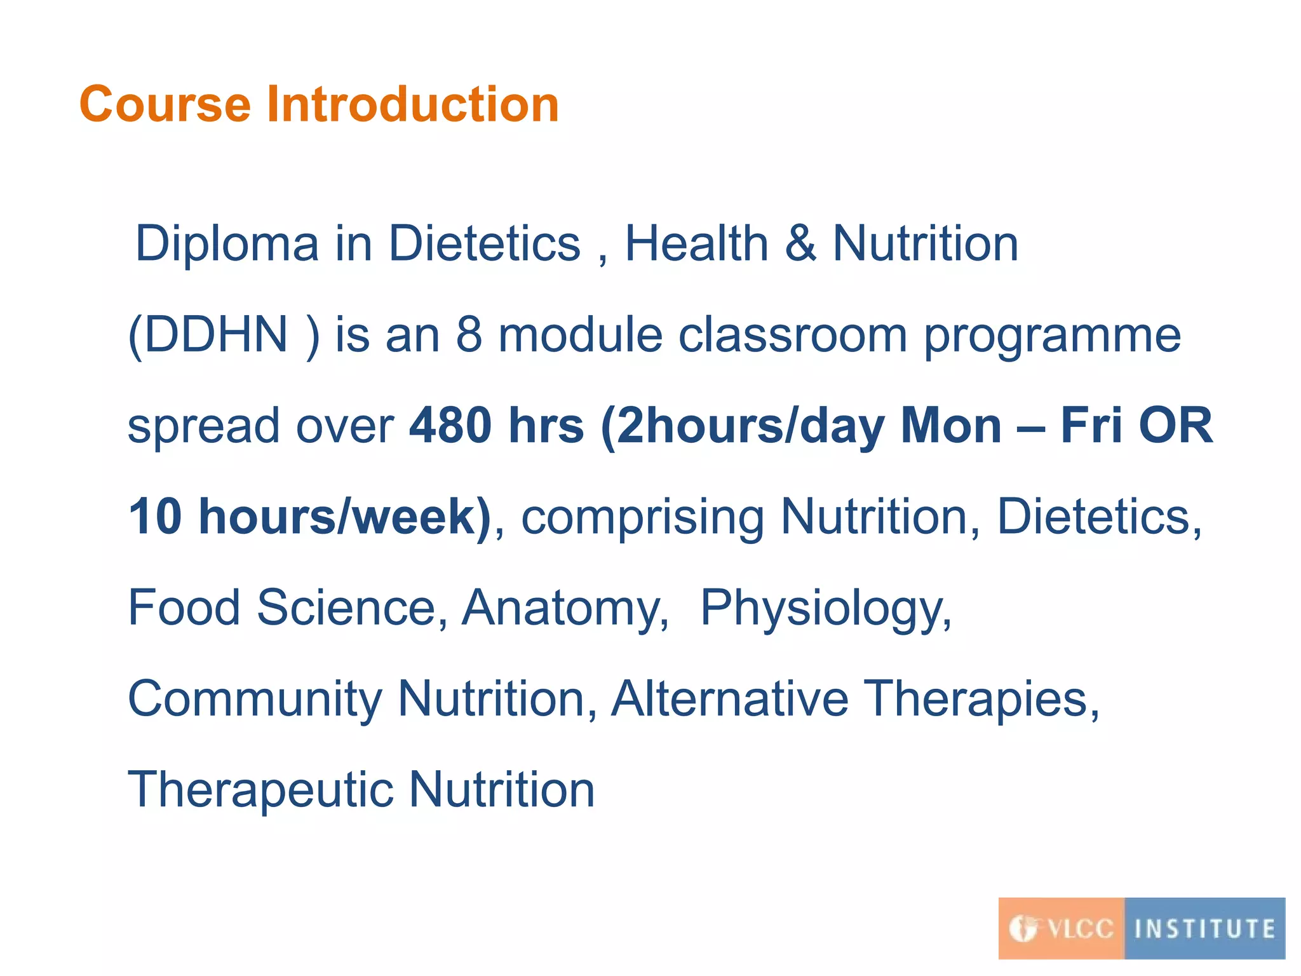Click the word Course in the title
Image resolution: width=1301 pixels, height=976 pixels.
(x=165, y=105)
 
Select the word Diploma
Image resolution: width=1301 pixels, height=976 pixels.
(x=227, y=244)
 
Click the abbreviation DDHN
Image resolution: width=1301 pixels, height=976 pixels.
(x=216, y=335)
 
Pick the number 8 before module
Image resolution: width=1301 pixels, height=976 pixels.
(x=469, y=335)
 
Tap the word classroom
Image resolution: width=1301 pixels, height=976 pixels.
(x=793, y=335)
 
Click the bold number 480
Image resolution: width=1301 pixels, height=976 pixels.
(x=450, y=426)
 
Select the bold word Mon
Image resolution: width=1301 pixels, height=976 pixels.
(x=951, y=426)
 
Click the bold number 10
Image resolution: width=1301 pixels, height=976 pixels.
(x=156, y=517)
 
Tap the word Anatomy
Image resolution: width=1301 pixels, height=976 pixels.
(x=564, y=609)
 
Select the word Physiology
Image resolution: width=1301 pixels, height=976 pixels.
(x=825, y=609)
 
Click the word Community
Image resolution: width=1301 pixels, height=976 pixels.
(x=255, y=700)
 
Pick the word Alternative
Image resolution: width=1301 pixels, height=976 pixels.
(x=729, y=698)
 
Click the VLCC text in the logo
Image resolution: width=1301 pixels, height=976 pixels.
(x=1080, y=929)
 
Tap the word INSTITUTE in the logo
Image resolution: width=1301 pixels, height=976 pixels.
(x=1204, y=929)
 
